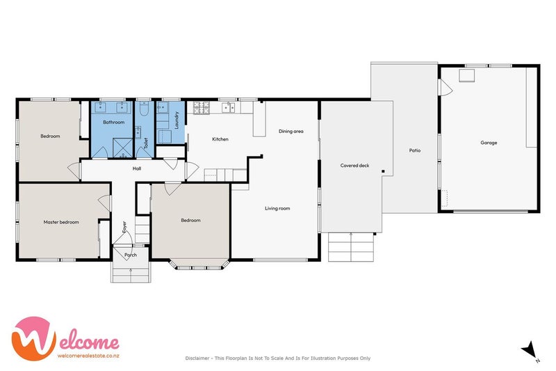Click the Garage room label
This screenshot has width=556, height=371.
(489, 143)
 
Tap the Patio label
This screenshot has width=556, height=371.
(415, 150)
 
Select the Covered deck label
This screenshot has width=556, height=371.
(354, 166)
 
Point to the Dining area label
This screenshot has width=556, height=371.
(291, 132)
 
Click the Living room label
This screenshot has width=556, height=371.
(277, 208)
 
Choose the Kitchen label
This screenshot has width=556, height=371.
(220, 139)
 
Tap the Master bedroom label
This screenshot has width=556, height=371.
(61, 222)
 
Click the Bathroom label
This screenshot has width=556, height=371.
(113, 122)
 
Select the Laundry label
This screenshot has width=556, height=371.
(177, 120)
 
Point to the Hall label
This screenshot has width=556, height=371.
(137, 168)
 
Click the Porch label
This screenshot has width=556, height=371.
(131, 255)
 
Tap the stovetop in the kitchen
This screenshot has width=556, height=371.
(201, 108)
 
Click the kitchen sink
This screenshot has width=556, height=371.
(229, 107)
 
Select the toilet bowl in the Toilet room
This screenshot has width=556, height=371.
(144, 109)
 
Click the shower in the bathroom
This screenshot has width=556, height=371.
(122, 148)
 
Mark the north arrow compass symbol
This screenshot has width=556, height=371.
(530, 349)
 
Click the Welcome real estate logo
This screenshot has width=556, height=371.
(65, 339)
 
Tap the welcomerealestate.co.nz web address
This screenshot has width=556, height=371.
(88, 356)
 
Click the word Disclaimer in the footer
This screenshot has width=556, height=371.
(197, 358)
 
